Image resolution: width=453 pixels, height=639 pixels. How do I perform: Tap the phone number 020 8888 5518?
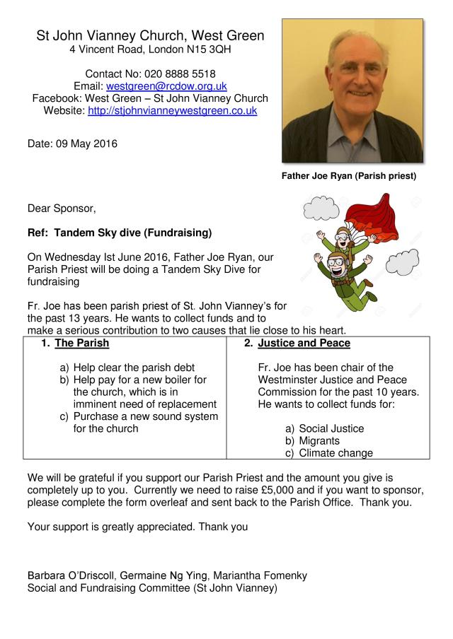point(180,74)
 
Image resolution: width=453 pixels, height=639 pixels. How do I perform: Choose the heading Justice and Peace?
point(304,344)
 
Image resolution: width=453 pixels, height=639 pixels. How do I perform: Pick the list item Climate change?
point(336,454)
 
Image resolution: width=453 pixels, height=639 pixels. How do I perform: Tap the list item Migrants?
point(321,441)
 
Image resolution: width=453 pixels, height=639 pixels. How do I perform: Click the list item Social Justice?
point(332,429)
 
